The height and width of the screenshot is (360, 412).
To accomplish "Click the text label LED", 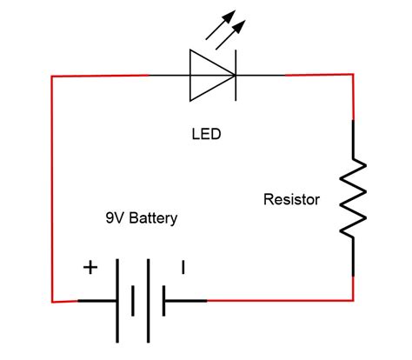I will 206,136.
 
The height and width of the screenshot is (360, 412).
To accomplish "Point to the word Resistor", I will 291,200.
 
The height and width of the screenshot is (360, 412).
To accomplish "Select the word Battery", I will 152,220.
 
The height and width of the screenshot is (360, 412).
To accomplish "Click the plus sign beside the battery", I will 90,268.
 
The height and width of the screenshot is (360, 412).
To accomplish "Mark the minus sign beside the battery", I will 183,267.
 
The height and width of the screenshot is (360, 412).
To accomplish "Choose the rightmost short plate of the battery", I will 163,301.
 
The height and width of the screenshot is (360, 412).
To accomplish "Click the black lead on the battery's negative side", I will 185,301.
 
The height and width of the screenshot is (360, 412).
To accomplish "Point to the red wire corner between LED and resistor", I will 352,77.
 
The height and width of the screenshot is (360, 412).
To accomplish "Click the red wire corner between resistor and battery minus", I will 352,300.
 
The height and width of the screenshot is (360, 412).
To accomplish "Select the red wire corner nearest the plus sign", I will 54,301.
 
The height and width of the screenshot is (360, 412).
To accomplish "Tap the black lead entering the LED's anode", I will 169,76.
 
